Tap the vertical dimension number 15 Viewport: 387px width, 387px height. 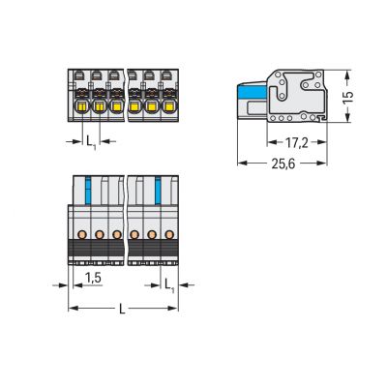coord(359,98)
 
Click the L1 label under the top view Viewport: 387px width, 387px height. coord(91,142)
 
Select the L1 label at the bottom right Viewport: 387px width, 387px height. coord(170,284)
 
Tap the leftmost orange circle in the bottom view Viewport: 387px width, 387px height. coord(82,234)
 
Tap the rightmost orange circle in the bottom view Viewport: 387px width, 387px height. coord(170,234)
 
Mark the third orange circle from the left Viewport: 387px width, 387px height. coord(117,234)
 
